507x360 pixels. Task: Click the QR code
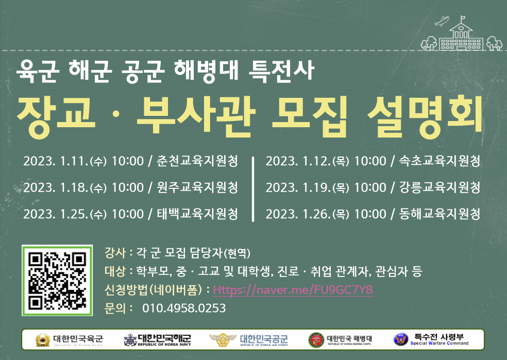[57, 280]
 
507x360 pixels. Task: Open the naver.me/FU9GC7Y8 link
[293, 289]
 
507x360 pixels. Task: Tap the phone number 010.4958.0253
[184, 308]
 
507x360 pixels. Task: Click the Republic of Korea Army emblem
[43, 340]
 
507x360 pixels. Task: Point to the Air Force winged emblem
[223, 340]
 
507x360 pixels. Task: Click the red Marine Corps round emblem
[316, 340]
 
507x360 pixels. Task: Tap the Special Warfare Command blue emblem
[400, 339]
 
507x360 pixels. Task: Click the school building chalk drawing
[461, 36]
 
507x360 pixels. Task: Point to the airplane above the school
[442, 21]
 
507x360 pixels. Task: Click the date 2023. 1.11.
[56, 161]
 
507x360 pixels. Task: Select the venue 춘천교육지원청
[197, 161]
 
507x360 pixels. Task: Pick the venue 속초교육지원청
[440, 161]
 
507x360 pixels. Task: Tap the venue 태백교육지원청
[197, 214]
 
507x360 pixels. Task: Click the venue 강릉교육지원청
[440, 187]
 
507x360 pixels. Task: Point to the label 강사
[115, 252]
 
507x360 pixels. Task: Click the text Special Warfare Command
[440, 343]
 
